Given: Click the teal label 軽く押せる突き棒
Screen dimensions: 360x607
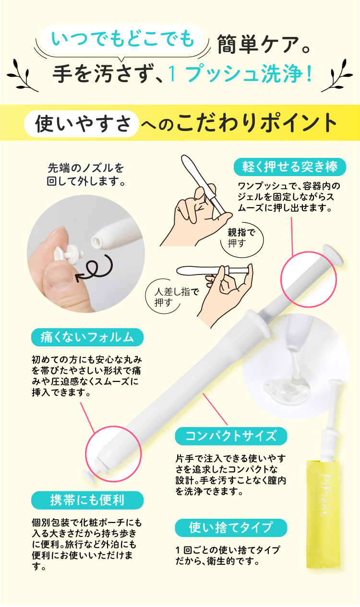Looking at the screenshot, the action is pyautogui.click(x=290, y=167).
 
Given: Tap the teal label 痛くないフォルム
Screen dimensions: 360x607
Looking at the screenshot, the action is pyautogui.click(x=87, y=337).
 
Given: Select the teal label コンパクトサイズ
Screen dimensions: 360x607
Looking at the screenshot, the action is pyautogui.click(x=231, y=436).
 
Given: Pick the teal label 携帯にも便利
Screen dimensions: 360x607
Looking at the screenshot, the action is pyautogui.click(x=87, y=500).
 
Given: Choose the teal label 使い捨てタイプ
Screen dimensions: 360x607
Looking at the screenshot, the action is pyautogui.click(x=231, y=528).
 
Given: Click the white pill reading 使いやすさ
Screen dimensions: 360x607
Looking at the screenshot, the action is pyautogui.click(x=81, y=123).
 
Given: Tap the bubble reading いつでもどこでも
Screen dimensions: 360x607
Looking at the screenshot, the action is pyautogui.click(x=122, y=39).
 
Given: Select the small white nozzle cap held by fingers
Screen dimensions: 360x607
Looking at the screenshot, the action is pyautogui.click(x=69, y=253).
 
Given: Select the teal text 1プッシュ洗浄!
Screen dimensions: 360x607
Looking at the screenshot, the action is pyautogui.click(x=240, y=74).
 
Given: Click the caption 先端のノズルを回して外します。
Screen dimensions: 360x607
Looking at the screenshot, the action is pyautogui.click(x=85, y=175).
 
